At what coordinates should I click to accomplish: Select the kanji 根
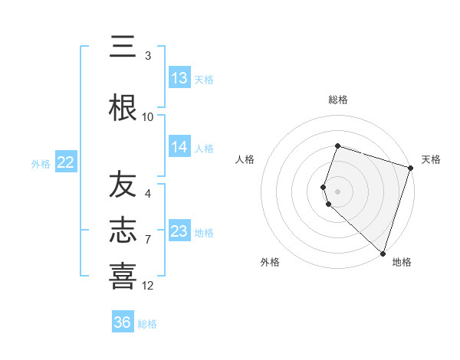click(123, 106)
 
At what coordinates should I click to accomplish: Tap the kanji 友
click(123, 185)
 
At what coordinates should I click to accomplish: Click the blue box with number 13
click(179, 78)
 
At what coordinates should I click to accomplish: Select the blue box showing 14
click(179, 148)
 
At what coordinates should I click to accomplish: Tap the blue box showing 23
click(179, 231)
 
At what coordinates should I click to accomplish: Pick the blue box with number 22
click(66, 162)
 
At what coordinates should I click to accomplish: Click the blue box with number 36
click(123, 322)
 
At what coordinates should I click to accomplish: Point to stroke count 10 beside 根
click(148, 117)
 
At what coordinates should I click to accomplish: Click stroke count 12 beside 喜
click(148, 286)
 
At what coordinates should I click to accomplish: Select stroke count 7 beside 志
click(148, 240)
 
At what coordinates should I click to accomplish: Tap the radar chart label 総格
click(338, 100)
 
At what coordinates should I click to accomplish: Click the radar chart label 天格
click(431, 159)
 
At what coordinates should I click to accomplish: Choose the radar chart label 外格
click(270, 262)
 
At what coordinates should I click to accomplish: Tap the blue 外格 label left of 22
click(41, 163)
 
